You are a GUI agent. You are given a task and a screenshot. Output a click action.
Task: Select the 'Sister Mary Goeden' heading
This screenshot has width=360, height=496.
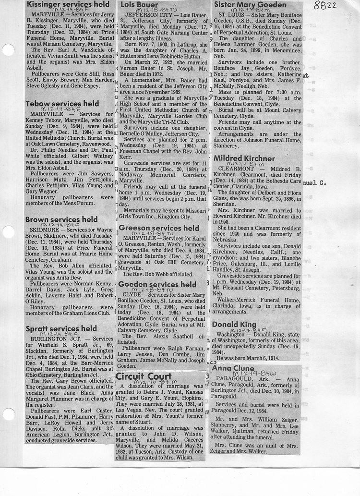click(250, 5)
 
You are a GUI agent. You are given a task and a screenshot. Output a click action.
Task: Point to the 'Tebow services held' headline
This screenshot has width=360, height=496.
click(62, 104)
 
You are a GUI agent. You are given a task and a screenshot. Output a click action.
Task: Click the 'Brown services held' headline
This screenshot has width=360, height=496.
click(61, 219)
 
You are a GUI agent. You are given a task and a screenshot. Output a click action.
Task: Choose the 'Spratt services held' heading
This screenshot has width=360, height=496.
click(61, 329)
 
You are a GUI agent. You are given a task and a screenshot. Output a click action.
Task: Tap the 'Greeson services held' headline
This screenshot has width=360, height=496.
click(158, 228)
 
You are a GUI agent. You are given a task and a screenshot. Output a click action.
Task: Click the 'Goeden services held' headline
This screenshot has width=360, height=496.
click(157, 285)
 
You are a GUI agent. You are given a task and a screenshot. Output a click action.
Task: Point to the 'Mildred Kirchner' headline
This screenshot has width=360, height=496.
click(244, 158)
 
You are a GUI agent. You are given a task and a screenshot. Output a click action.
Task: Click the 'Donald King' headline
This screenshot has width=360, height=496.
click(234, 325)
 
